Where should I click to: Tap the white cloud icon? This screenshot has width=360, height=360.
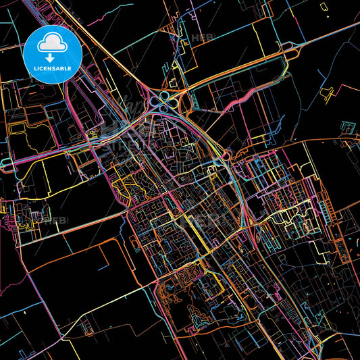point(52,43)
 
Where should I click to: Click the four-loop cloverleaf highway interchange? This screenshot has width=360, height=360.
point(163,102)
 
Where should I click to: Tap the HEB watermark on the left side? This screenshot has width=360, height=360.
point(57,220)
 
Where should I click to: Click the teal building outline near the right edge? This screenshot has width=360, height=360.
point(348,126)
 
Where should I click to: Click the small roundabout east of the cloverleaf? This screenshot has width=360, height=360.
point(226,156)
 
